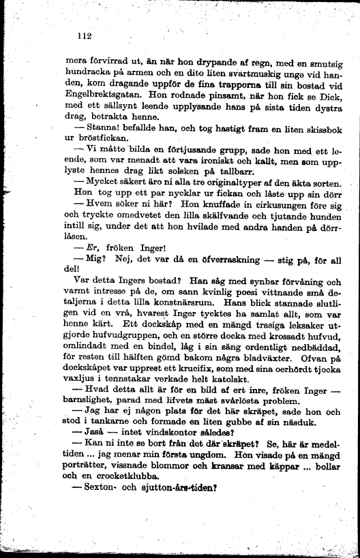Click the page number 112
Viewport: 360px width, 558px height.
pos(85,36)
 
